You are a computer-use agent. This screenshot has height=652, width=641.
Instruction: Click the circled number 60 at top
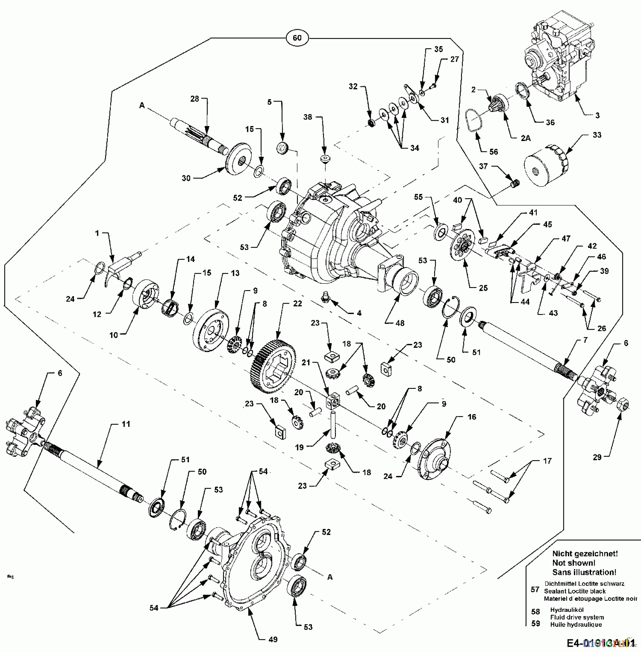click(x=297, y=38)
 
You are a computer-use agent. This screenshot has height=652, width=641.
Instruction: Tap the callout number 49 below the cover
click(x=273, y=639)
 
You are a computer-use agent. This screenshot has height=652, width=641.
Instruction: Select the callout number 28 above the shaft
click(x=195, y=99)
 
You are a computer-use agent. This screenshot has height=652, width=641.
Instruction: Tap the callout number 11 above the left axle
click(x=125, y=424)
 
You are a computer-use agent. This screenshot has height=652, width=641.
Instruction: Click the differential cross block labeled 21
click(x=334, y=400)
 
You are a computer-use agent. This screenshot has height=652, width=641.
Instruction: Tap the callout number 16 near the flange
click(x=471, y=417)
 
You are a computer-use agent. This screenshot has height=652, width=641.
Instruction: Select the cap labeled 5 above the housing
click(x=282, y=148)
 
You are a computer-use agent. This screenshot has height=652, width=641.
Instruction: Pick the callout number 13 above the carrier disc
click(x=235, y=273)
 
